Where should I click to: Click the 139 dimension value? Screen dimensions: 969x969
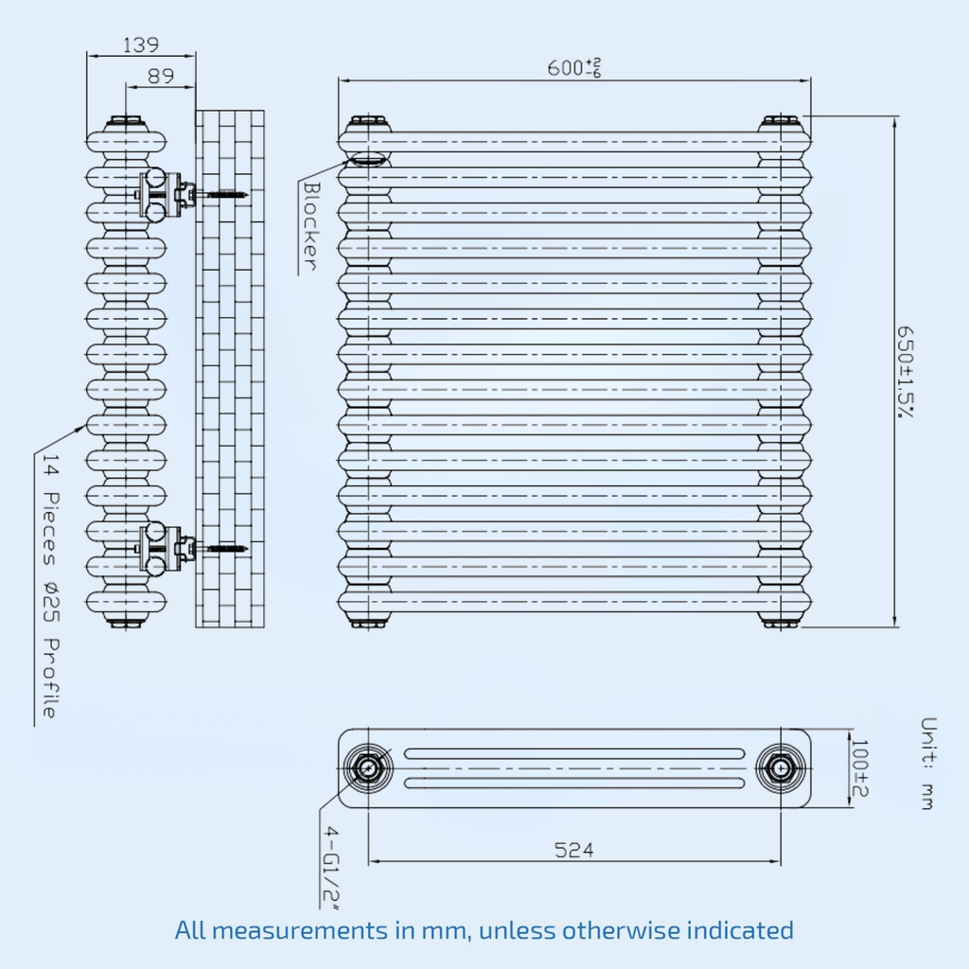point(141,44)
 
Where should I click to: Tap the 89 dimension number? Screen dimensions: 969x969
point(161,76)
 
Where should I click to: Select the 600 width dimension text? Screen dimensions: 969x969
point(574,67)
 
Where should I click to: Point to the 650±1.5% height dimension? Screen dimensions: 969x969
point(905,372)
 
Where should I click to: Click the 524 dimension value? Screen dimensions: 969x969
point(574,850)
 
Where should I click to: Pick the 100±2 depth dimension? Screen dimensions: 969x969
point(859,768)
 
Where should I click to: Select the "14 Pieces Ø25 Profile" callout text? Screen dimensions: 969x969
point(51,586)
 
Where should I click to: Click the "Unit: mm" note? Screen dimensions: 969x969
point(928,764)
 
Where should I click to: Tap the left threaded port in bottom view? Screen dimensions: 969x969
point(368,768)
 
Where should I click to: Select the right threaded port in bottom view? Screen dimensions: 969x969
point(781,768)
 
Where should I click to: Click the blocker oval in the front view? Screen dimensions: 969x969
point(368,160)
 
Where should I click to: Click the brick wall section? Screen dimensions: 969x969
point(230,369)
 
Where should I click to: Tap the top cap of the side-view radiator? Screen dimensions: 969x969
point(126,120)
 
